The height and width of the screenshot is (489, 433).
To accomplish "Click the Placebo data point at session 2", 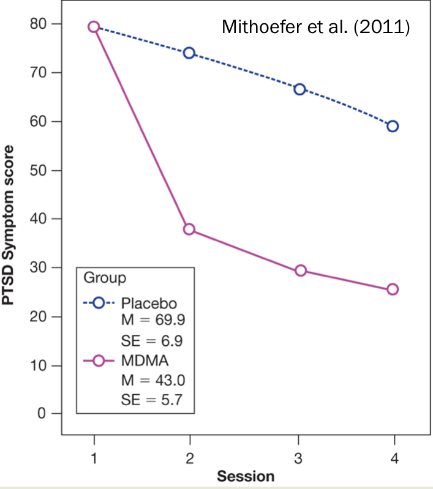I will [189, 53].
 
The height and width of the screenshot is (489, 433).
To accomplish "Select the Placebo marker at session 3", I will [300, 89].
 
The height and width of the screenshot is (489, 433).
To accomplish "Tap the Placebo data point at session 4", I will [393, 126].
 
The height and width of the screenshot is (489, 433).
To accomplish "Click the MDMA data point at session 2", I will [189, 229].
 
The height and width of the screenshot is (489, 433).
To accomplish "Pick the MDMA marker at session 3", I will [300, 271].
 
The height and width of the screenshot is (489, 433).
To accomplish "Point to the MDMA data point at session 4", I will [393, 289].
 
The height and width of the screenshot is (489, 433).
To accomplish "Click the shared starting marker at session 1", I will [94, 26].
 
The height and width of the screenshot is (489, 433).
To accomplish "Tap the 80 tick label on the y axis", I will [37, 24].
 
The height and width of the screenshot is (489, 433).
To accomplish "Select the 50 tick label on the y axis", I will [37, 170].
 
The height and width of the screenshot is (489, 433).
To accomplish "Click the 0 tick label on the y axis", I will [42, 414].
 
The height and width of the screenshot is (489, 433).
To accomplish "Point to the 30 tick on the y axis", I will [37, 267].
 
